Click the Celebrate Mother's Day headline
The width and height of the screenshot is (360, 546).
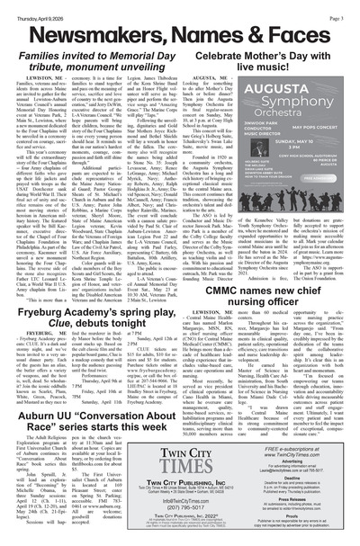tap(279, 60)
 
